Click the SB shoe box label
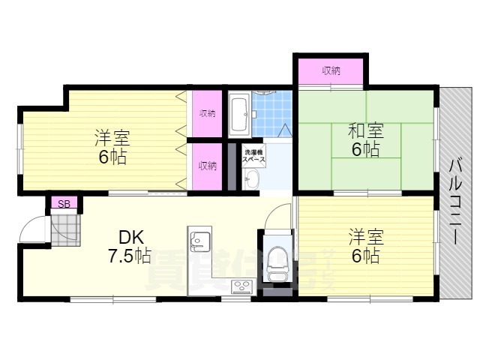(64, 203)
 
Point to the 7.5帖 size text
(130, 256)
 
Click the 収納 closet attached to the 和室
(331, 71)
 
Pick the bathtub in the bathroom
(239, 112)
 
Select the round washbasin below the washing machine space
(251, 178)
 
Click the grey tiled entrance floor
(65, 228)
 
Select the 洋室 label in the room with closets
(112, 139)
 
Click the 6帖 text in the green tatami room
(365, 150)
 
